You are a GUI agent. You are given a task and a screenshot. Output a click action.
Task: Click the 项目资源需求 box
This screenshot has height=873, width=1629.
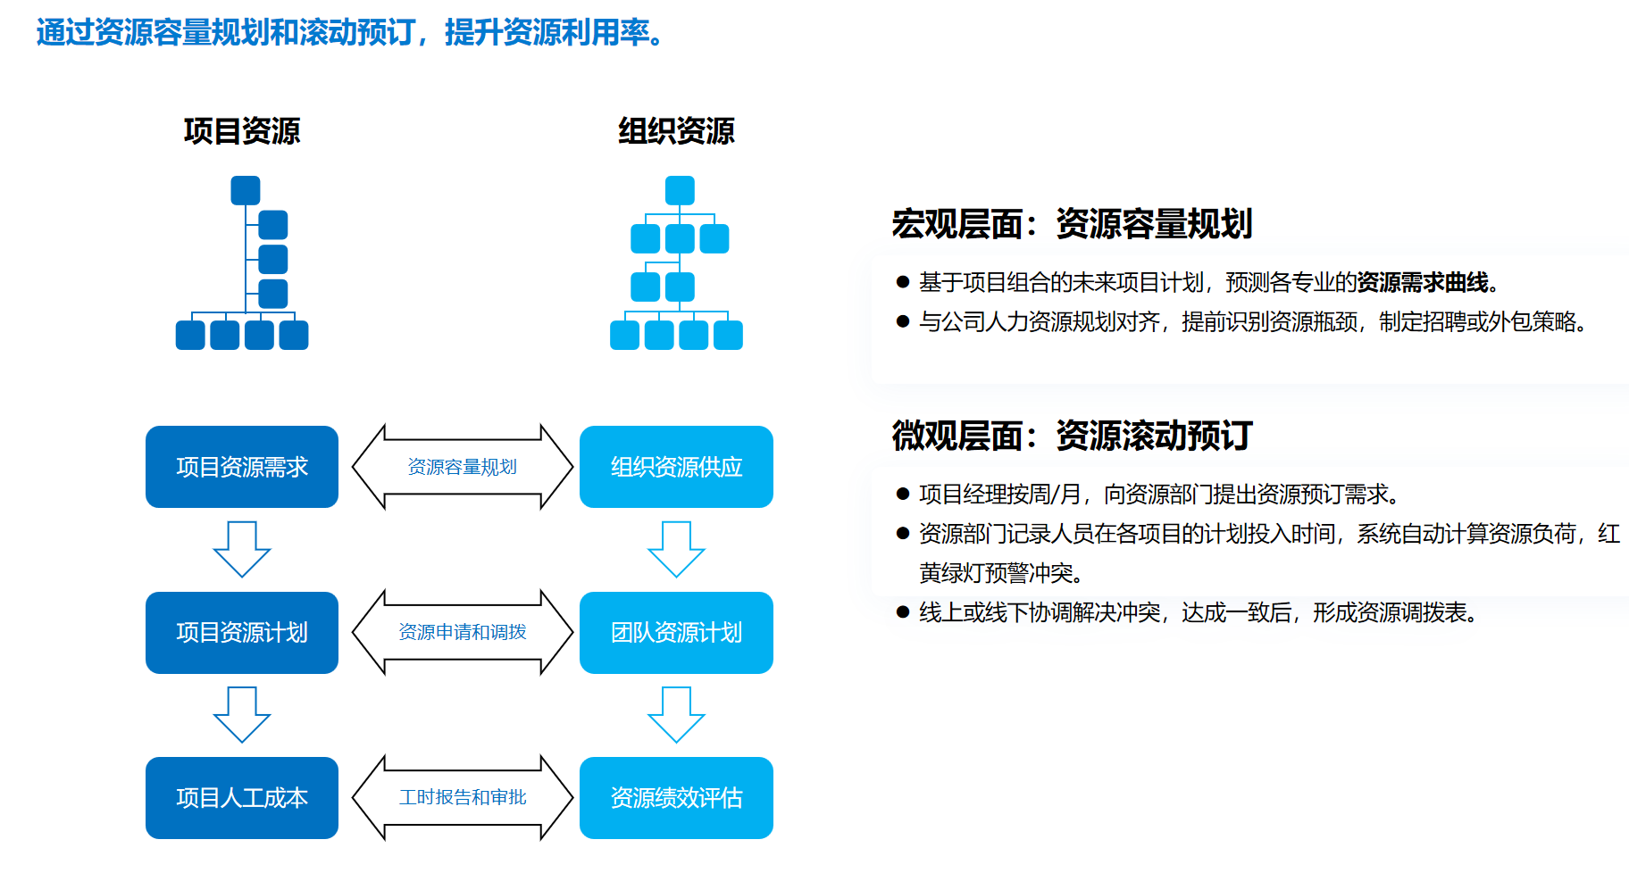[x=242, y=467]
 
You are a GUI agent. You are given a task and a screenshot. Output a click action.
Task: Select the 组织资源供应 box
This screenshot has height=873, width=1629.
[x=676, y=467]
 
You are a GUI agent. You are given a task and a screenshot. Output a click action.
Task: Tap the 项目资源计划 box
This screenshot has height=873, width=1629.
[x=242, y=633]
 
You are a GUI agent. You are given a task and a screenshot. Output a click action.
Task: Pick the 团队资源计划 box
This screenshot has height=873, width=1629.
[x=676, y=633]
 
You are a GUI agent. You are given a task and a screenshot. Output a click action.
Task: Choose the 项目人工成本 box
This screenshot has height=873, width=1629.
[x=242, y=798]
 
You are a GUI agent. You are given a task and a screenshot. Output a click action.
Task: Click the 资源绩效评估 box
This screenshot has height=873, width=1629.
[x=676, y=798]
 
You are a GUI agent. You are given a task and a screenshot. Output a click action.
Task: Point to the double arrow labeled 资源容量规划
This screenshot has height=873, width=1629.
[x=463, y=467]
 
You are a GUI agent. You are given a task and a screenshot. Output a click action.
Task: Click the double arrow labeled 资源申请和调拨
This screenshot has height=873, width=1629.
[x=463, y=633]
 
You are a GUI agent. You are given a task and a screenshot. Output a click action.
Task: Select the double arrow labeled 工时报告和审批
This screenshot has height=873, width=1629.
[x=463, y=798]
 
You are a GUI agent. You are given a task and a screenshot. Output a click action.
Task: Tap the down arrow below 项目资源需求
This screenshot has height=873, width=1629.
[x=242, y=549]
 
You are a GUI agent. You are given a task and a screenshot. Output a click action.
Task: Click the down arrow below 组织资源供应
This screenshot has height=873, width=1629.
[x=676, y=549]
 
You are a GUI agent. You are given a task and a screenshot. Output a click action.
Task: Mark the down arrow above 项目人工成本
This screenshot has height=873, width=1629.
[x=242, y=714]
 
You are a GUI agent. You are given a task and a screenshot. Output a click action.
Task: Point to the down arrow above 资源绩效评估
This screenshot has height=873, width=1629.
[x=676, y=714]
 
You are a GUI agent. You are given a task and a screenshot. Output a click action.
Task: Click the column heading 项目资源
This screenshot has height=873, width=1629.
[x=242, y=131]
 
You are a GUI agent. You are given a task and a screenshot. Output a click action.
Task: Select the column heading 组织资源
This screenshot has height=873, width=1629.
[x=676, y=131]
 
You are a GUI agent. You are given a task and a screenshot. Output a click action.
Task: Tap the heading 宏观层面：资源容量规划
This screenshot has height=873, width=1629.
[x=1072, y=224]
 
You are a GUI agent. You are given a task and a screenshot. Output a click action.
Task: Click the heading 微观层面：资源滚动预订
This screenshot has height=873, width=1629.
[x=1072, y=436]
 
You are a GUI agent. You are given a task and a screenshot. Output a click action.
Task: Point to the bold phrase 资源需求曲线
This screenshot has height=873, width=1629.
[x=1423, y=283]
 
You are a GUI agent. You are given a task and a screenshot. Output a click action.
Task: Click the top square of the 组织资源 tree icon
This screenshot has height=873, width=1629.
[x=680, y=190]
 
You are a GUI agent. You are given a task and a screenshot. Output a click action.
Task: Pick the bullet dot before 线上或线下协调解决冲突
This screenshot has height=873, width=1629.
[x=903, y=612]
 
